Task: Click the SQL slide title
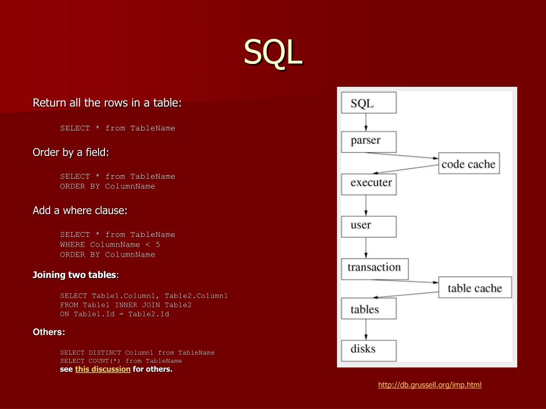click(x=273, y=52)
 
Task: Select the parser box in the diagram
click(x=368, y=141)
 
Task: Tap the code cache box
click(x=468, y=164)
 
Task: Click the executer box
click(x=369, y=183)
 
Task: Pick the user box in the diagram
click(x=368, y=226)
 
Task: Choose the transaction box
click(x=374, y=268)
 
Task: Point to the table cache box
click(x=475, y=288)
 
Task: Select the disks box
click(x=368, y=350)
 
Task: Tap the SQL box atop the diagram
click(x=368, y=103)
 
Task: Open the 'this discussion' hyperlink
click(x=103, y=369)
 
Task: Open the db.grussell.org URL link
click(x=430, y=385)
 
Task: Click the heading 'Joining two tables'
click(x=74, y=275)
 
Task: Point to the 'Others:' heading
click(x=49, y=332)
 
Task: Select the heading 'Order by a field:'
click(x=71, y=153)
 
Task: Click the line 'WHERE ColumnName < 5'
click(x=110, y=244)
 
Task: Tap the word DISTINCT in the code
click(x=106, y=353)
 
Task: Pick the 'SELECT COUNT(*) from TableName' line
click(x=121, y=361)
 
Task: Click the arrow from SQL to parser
click(x=366, y=122)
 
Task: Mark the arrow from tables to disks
click(x=366, y=330)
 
